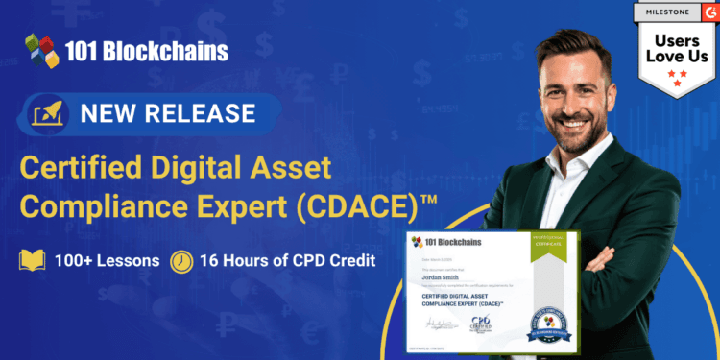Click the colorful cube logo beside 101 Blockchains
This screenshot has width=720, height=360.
pyautogui.click(x=42, y=50)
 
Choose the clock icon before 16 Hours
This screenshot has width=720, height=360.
pyautogui.click(x=181, y=261)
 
